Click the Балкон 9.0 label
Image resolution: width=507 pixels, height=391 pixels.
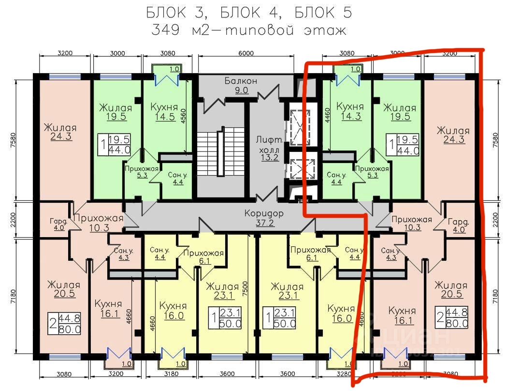pyautogui.click(x=240, y=85)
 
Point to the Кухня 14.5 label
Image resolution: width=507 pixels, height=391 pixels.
pyautogui.click(x=164, y=112)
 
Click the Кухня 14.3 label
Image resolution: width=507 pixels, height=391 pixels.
pyautogui.click(x=350, y=111)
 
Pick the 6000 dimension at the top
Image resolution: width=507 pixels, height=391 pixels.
pyautogui.click(x=246, y=53)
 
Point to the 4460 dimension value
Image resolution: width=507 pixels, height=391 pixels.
pyautogui.click(x=327, y=116)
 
